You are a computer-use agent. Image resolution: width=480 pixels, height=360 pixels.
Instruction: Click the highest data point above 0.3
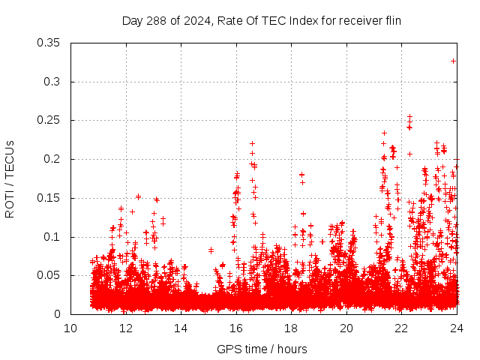tap(453, 61)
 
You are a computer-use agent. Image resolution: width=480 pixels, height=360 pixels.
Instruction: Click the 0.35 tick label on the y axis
tap(51, 43)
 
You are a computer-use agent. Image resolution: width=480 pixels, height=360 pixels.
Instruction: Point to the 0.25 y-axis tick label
tap(51, 120)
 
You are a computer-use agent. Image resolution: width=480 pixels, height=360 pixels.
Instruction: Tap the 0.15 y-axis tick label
tap(51, 198)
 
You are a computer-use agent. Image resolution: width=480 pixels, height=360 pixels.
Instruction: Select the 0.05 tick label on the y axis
tap(51, 275)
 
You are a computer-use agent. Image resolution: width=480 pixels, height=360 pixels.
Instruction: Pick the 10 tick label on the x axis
tap(70, 328)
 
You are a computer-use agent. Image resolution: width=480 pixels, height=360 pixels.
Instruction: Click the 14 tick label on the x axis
tap(181, 328)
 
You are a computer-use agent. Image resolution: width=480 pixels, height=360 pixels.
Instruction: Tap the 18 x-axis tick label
tap(291, 328)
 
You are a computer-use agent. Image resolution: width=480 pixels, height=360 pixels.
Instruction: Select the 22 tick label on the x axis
tap(402, 328)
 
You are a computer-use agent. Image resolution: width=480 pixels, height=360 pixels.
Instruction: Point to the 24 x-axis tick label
tap(457, 328)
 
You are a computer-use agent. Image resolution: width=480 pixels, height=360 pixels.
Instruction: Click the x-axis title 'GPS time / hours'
tap(262, 349)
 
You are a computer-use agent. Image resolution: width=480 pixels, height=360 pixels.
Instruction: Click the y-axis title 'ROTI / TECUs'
tap(10, 178)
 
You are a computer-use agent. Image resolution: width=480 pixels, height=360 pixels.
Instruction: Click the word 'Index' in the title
tap(300, 21)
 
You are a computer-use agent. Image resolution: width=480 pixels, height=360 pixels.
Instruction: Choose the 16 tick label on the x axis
tap(236, 328)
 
